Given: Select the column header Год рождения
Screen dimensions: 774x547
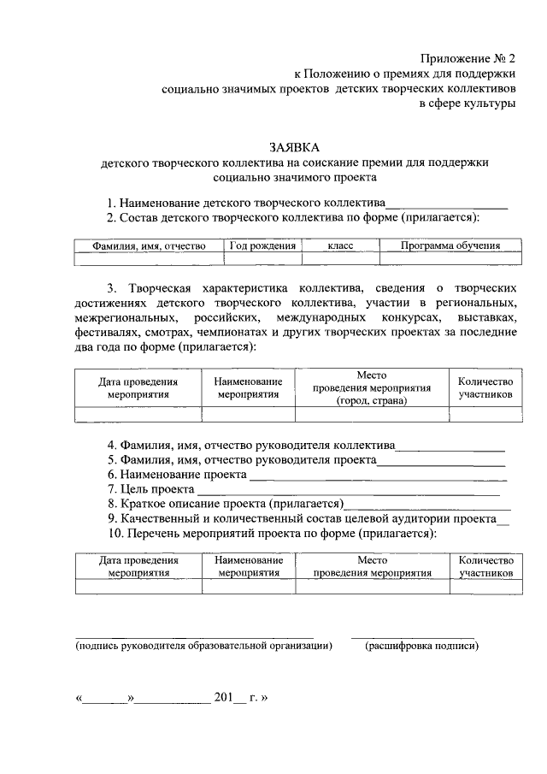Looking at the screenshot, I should (x=262, y=246).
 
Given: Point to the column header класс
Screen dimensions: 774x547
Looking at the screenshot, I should (x=339, y=246).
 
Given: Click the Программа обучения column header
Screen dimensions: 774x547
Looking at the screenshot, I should (x=450, y=246).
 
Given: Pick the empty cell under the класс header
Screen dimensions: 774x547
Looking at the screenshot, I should (x=339, y=260).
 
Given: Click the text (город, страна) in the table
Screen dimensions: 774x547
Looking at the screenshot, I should (x=371, y=400).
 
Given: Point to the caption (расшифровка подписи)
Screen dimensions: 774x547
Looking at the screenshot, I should (x=421, y=647).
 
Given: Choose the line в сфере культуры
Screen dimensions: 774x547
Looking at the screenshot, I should (x=467, y=103).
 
